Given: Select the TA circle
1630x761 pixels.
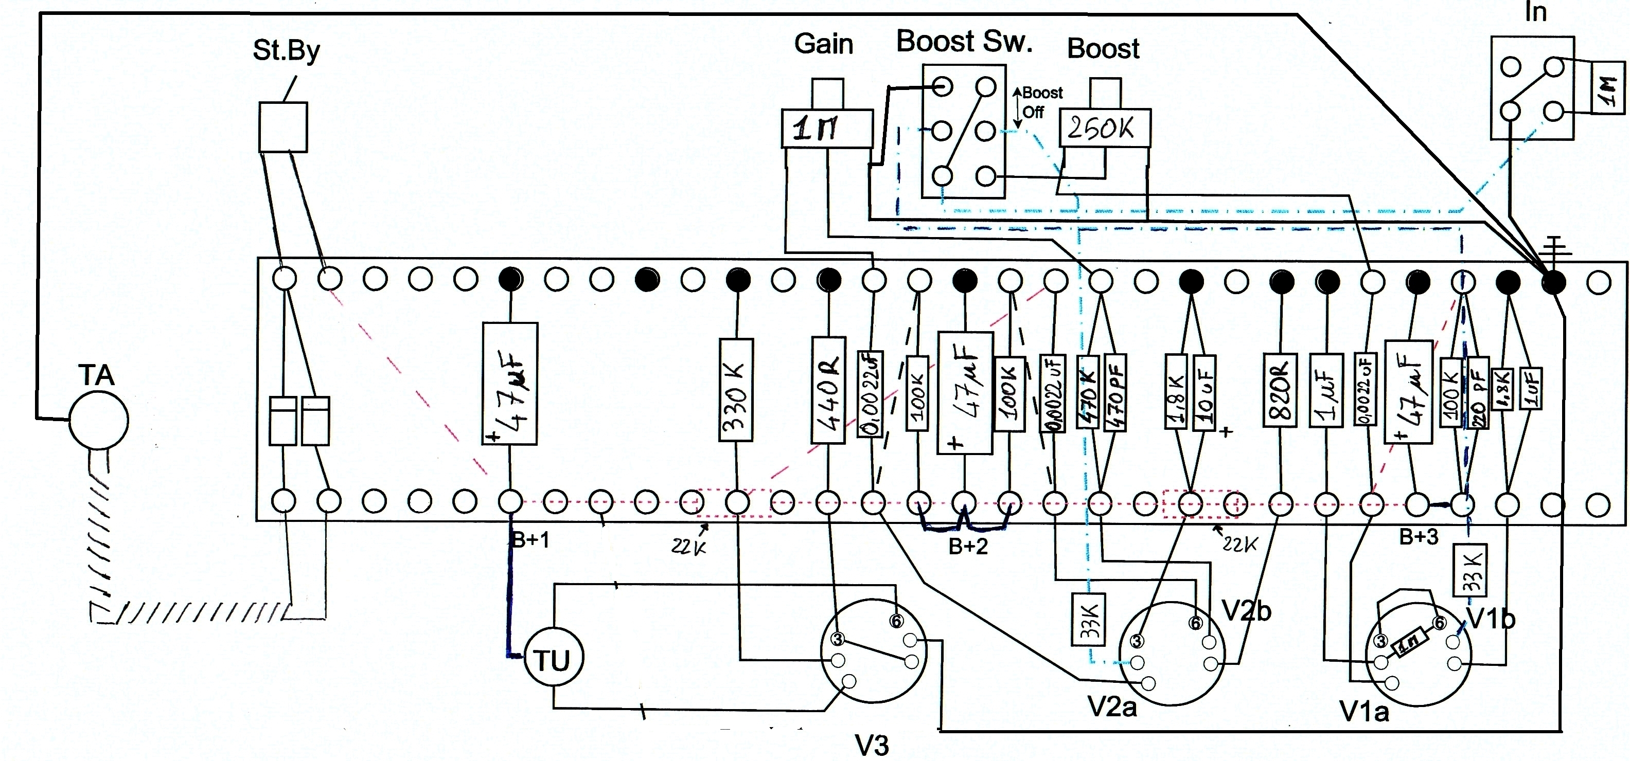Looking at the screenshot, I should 99,420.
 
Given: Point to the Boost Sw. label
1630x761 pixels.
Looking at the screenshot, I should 964,42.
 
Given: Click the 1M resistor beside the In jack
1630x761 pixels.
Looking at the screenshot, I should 1608,87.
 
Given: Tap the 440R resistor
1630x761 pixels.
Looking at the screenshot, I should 828,390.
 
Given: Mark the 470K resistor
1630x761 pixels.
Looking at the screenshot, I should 1088,393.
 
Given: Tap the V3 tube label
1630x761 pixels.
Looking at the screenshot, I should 872,745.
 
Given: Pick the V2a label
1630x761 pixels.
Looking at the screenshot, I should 1112,706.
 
